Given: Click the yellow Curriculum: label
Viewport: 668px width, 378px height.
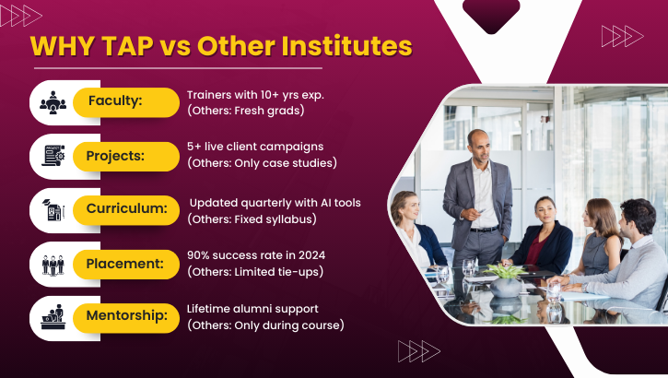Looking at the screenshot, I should point(127,209).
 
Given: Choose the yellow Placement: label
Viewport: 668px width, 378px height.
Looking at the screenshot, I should point(125,264).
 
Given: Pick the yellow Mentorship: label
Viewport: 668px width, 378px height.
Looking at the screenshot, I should point(127,316).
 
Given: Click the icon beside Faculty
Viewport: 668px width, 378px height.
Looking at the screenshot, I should point(49,102).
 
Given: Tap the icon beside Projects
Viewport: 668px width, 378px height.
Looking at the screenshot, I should point(49,156).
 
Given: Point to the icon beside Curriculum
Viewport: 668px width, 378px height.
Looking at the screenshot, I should point(49,210).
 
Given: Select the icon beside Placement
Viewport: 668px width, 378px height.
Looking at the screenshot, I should point(49,265).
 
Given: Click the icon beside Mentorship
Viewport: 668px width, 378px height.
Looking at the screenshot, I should point(49,317).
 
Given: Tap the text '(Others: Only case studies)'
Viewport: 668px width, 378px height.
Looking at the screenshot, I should point(262,163).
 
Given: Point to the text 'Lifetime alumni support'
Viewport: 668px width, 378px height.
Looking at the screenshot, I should point(252,309).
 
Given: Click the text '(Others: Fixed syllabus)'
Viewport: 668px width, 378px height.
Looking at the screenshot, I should point(252,219).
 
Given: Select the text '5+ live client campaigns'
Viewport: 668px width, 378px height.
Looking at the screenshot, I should point(255,148).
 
